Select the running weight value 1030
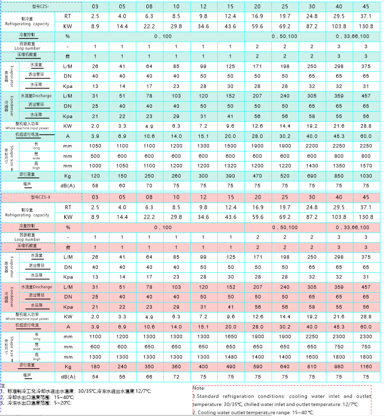365,175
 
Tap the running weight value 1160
365,366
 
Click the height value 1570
365,165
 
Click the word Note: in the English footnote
199,388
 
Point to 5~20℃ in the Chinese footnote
64,403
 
